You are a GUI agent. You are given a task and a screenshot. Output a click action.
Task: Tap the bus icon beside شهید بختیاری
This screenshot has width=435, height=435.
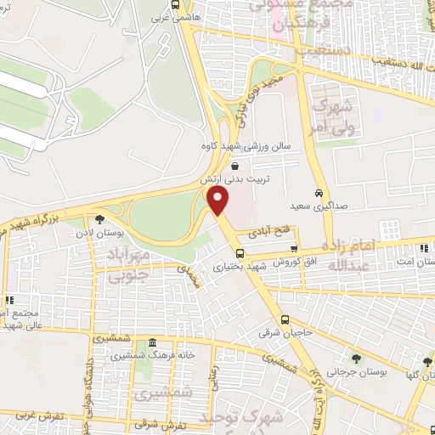coord(240,252)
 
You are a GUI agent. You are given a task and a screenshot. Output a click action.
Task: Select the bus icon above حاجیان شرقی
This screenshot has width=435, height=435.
coord(285,319)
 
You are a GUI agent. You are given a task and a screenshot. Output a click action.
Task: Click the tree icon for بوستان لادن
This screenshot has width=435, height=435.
coord(99,218)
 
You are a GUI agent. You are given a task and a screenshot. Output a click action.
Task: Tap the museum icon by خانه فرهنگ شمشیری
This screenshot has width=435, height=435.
coord(152,343)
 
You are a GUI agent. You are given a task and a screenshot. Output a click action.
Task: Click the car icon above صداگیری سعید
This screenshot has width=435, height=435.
coord(319,193)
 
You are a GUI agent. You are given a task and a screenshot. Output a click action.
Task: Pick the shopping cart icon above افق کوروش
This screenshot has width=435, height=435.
coord(294,249)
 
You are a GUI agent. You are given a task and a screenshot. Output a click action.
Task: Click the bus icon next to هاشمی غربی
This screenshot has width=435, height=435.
coord(175,4)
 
